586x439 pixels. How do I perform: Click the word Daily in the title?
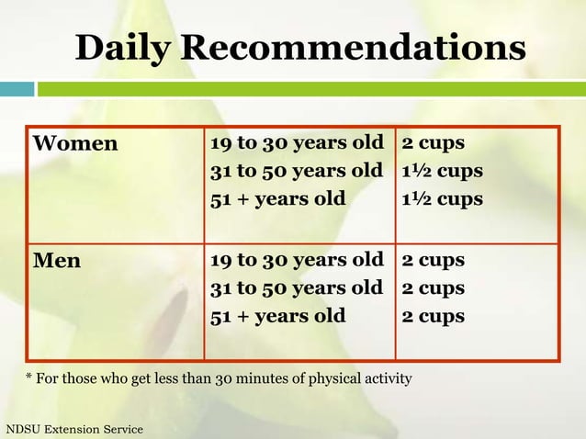click(122, 49)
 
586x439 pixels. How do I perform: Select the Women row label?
click(76, 144)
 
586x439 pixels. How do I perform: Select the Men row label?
click(57, 261)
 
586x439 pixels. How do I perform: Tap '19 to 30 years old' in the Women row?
click(296, 143)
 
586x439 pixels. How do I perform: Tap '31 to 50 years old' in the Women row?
click(296, 171)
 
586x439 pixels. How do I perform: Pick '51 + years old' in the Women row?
click(277, 198)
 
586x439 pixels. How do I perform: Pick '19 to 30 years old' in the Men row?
click(296, 260)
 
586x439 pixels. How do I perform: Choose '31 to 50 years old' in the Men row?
click(296, 287)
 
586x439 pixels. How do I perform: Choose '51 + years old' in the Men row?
click(277, 316)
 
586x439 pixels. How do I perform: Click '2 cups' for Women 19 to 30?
click(433, 143)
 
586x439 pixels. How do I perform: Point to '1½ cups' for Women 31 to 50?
click(442, 171)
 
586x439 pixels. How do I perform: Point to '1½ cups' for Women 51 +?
click(442, 198)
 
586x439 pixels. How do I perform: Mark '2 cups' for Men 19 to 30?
click(433, 260)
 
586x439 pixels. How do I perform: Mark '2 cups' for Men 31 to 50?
click(433, 287)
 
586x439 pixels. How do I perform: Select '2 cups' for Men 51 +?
click(433, 316)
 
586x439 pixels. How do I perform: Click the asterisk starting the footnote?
click(28, 377)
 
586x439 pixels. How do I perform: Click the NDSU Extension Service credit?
click(74, 429)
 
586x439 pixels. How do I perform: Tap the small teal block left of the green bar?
click(17, 89)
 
